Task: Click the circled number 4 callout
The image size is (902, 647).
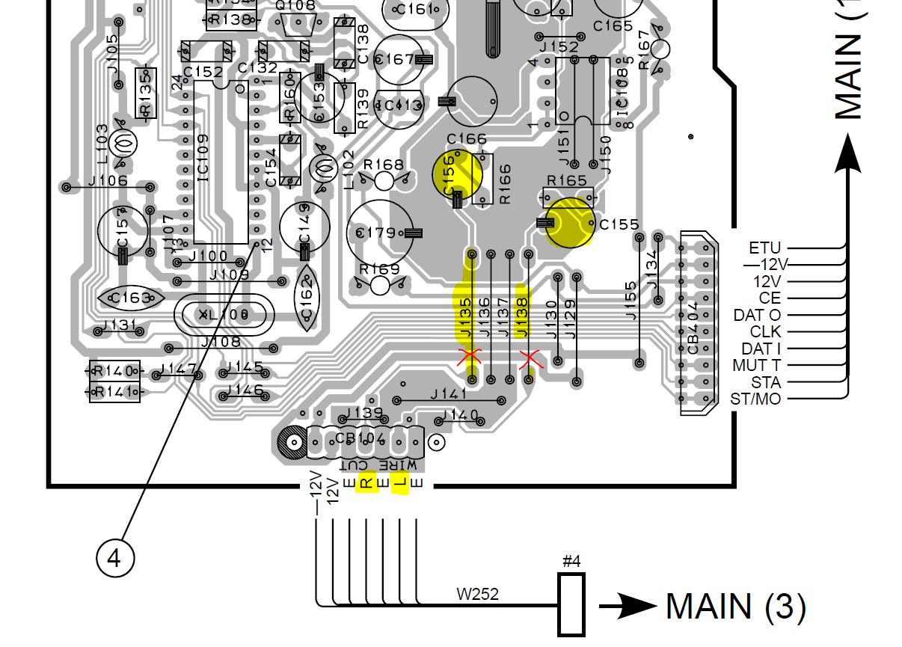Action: click(114, 558)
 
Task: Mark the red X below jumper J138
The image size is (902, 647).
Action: click(530, 360)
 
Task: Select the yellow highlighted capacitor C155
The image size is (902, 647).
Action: click(569, 222)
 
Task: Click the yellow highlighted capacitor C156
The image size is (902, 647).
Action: click(457, 174)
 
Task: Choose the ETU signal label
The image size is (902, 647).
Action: click(764, 248)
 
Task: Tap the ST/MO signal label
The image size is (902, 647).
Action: click(755, 399)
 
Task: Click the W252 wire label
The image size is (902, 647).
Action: click(477, 595)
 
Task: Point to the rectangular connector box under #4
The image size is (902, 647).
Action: click(571, 605)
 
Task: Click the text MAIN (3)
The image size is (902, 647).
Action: click(735, 606)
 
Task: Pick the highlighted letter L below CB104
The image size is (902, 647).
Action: click(401, 483)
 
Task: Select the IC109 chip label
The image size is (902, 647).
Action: click(203, 158)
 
